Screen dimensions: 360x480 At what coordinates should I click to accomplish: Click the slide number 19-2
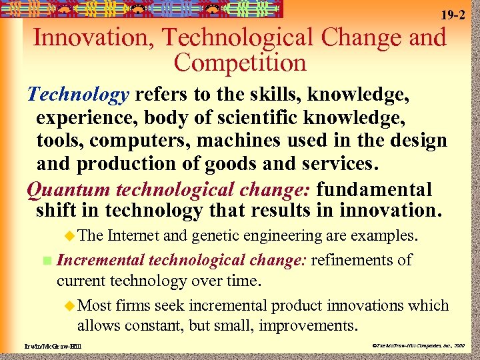(453, 15)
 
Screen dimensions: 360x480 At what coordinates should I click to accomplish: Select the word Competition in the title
(240, 63)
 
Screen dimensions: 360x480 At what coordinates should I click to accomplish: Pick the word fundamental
(374, 190)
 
